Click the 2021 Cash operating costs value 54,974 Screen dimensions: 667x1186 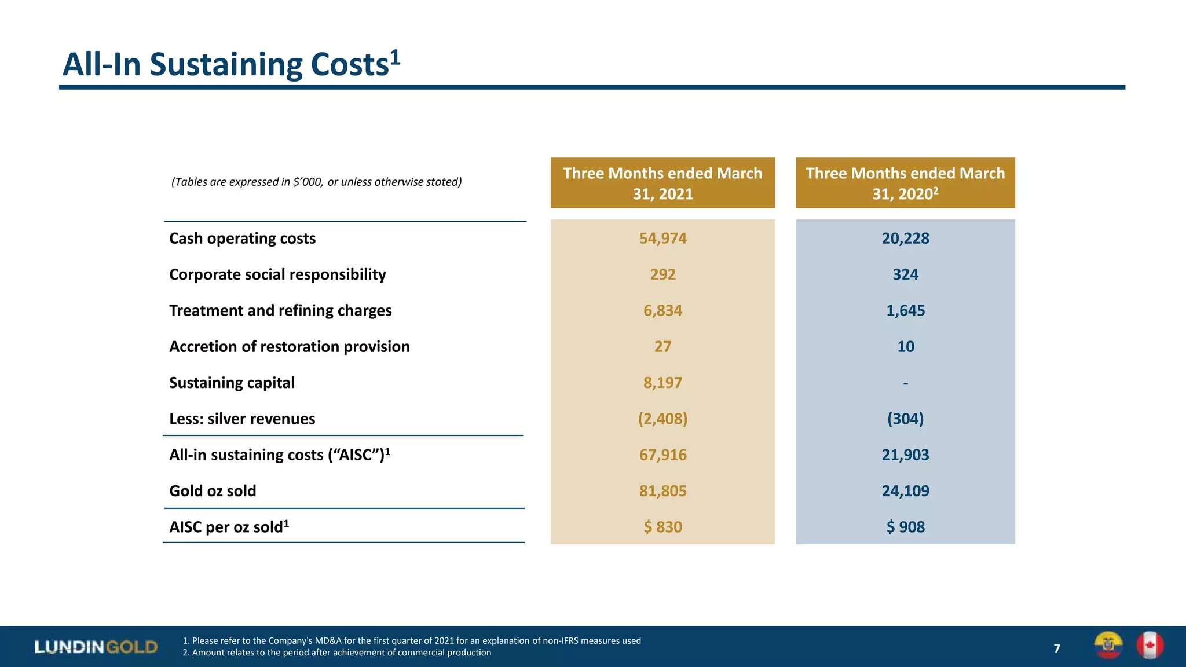[x=662, y=239]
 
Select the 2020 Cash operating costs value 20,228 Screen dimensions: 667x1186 [x=905, y=239]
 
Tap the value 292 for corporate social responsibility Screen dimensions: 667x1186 [x=662, y=274]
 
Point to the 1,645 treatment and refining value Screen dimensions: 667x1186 [x=905, y=311]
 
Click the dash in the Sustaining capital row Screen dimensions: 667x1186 [x=905, y=383]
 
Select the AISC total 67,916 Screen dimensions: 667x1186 [x=662, y=455]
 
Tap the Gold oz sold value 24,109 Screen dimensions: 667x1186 [x=905, y=491]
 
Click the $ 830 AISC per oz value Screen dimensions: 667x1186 [x=662, y=527]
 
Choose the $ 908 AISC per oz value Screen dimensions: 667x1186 [x=905, y=527]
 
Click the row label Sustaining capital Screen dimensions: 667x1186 [x=232, y=383]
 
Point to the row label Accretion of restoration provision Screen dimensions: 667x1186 [x=289, y=347]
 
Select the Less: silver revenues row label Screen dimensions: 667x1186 [x=242, y=419]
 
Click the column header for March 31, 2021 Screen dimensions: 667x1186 [x=662, y=183]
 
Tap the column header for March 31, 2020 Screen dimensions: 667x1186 [x=905, y=183]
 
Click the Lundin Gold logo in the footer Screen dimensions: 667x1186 [x=96, y=647]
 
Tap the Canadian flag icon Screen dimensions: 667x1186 [x=1150, y=645]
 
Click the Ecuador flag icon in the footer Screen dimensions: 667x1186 [x=1108, y=645]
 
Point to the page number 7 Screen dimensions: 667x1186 [x=1057, y=648]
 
